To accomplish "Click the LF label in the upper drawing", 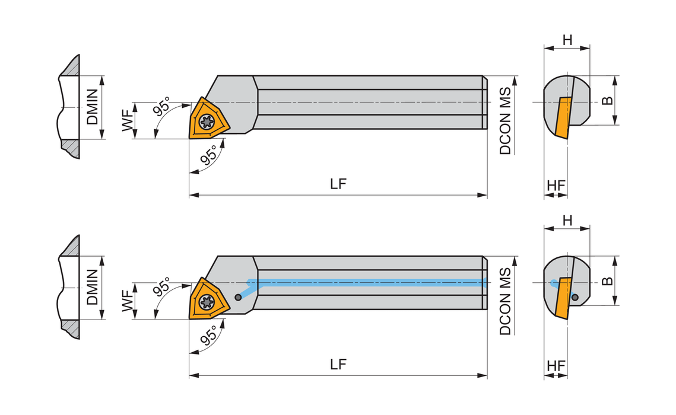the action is [338, 184].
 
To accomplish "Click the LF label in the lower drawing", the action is [338, 364].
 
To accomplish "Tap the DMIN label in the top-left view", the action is [92, 107].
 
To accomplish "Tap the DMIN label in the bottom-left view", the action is [92, 287].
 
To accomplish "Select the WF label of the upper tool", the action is [128, 120].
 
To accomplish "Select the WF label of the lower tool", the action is [128, 301].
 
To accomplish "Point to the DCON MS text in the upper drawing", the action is [505, 121].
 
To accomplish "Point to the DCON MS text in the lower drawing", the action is [505, 301].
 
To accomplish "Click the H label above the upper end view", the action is [567, 40].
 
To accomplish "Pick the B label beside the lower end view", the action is [607, 281].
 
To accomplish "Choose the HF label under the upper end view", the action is [556, 186].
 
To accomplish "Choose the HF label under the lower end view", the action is [556, 366].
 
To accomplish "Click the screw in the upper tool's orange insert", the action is [207, 122].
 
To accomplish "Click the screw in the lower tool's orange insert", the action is [207, 302].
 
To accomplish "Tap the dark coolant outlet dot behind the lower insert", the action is [237, 297].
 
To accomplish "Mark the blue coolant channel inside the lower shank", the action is [366, 282].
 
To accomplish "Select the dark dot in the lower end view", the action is [575, 297].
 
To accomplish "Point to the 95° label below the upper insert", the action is [209, 155].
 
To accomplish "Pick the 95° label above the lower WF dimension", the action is [161, 287].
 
